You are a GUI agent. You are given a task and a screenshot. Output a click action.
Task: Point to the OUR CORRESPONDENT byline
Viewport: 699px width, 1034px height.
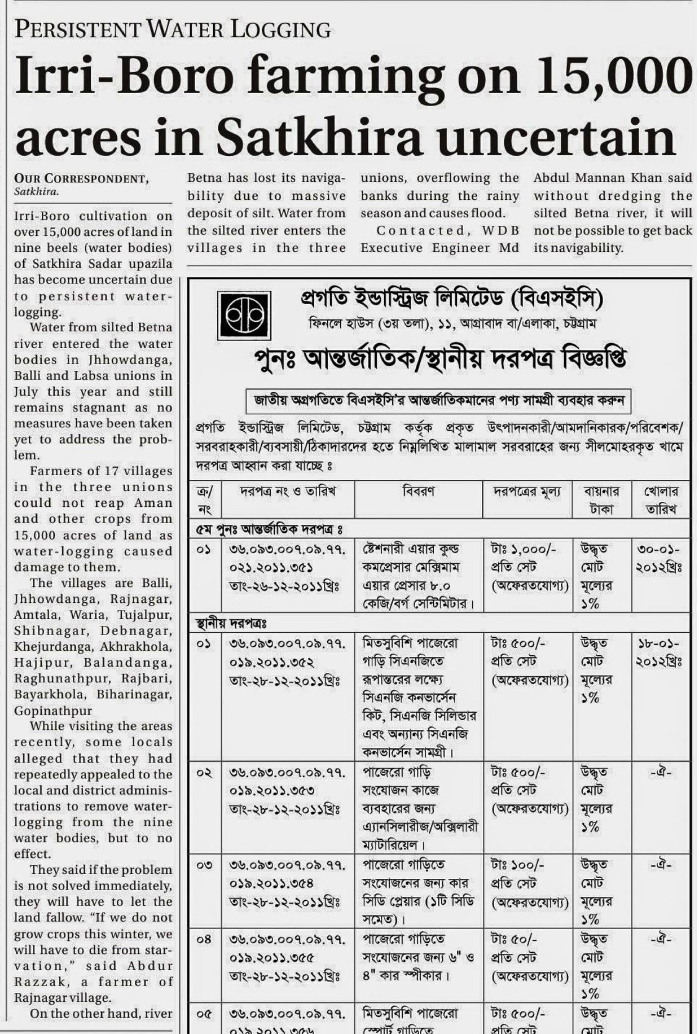pyautogui.click(x=81, y=179)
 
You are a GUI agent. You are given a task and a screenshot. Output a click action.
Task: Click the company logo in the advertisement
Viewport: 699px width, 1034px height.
pyautogui.click(x=245, y=314)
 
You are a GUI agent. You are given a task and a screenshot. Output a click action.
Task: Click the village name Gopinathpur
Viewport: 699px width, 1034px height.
pyautogui.click(x=53, y=711)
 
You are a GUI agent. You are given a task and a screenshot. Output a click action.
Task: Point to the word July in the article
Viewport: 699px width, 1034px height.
pyautogui.click(x=26, y=392)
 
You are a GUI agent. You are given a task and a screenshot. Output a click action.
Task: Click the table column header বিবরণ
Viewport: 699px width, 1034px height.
pyautogui.click(x=418, y=492)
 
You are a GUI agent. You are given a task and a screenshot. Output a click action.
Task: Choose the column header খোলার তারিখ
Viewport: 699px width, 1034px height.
pyautogui.click(x=661, y=500)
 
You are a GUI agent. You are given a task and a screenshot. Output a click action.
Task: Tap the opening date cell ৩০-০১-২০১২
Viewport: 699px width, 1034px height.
pyautogui.click(x=660, y=558)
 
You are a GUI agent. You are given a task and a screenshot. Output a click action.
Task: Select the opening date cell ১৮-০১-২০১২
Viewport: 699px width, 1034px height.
pyautogui.click(x=660, y=652)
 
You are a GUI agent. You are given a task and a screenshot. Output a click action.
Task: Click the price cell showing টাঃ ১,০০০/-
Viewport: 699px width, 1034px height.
pyautogui.click(x=517, y=549)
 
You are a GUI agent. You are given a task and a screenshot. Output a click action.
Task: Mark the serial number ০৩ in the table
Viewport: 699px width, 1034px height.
pyautogui.click(x=204, y=865)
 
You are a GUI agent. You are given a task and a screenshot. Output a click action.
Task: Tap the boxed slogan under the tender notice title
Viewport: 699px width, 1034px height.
pyautogui.click(x=438, y=401)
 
